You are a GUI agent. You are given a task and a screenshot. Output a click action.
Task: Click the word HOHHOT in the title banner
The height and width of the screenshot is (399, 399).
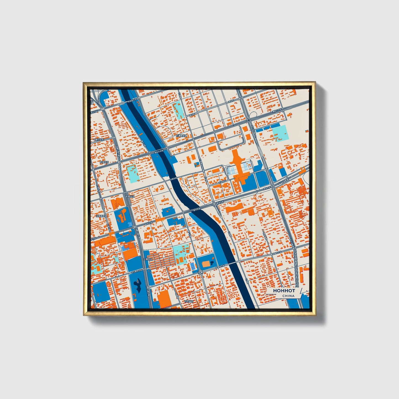[x=284, y=291]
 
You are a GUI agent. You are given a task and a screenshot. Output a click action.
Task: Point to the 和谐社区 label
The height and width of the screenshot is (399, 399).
[x=104, y=162]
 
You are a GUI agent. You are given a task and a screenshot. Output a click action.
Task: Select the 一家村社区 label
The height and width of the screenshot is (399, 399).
[x=98, y=140]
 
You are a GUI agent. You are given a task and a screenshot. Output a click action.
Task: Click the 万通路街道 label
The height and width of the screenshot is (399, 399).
[x=181, y=136]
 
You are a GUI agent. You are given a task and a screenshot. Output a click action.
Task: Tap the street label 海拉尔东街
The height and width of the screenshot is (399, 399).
[x=159, y=152]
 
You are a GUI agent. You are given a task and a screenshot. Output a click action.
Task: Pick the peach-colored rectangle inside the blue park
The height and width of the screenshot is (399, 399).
[x=206, y=264]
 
